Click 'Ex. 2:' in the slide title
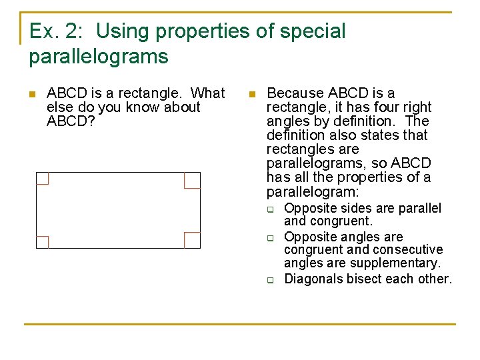tap(52, 31)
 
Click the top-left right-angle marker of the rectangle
tap(42, 178)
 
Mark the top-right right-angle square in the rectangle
tap(192, 180)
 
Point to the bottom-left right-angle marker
tap(42, 242)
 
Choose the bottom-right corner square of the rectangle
tap(192, 240)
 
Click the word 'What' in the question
tap(208, 93)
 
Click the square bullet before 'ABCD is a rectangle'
tap(32, 94)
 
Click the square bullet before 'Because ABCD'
tap(251, 94)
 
